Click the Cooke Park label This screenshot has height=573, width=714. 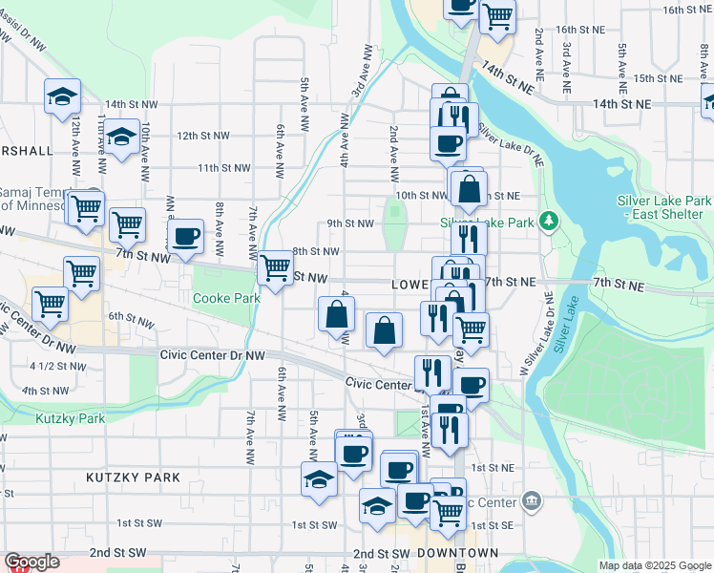(226, 298)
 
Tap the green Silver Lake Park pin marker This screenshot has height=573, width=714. (548, 222)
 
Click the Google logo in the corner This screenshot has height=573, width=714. (31, 562)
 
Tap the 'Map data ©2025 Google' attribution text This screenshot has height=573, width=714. (655, 565)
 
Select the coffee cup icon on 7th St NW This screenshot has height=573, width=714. (185, 236)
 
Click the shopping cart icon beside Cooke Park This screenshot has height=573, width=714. (276, 267)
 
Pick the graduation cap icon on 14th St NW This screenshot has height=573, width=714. (62, 95)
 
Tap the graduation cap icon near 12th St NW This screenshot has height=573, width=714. (121, 138)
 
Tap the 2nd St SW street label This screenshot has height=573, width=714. (118, 553)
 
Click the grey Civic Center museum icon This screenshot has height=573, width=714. (532, 500)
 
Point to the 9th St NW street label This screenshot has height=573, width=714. (350, 223)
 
